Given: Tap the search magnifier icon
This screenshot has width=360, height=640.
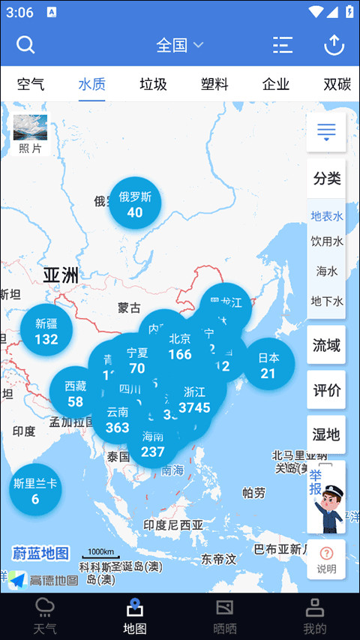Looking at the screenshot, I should click(25, 45).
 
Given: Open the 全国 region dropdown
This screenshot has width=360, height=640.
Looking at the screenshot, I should click(180, 45).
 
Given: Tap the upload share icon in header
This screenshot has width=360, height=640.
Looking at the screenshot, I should click(334, 45).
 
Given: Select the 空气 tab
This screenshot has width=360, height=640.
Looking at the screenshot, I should click(31, 84).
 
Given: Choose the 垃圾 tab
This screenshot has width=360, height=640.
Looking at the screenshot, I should click(153, 84).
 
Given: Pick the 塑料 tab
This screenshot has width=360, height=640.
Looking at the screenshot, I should click(214, 84).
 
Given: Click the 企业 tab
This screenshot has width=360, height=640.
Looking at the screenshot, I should click(276, 84).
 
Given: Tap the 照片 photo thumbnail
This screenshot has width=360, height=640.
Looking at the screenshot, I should click(30, 134).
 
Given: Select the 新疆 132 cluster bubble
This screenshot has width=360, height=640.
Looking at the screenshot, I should click(46, 331).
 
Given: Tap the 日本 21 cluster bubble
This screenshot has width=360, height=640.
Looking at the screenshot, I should click(268, 365).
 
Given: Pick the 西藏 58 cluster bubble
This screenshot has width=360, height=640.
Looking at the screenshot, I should click(75, 393).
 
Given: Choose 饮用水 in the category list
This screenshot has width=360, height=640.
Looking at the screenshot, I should click(326, 242).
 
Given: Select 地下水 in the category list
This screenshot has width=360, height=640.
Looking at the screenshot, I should click(326, 301).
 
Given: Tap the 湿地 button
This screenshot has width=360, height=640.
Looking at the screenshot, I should click(326, 434).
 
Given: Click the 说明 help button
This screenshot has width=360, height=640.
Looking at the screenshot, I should click(326, 560).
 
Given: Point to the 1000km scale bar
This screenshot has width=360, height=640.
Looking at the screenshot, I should click(100, 554).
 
